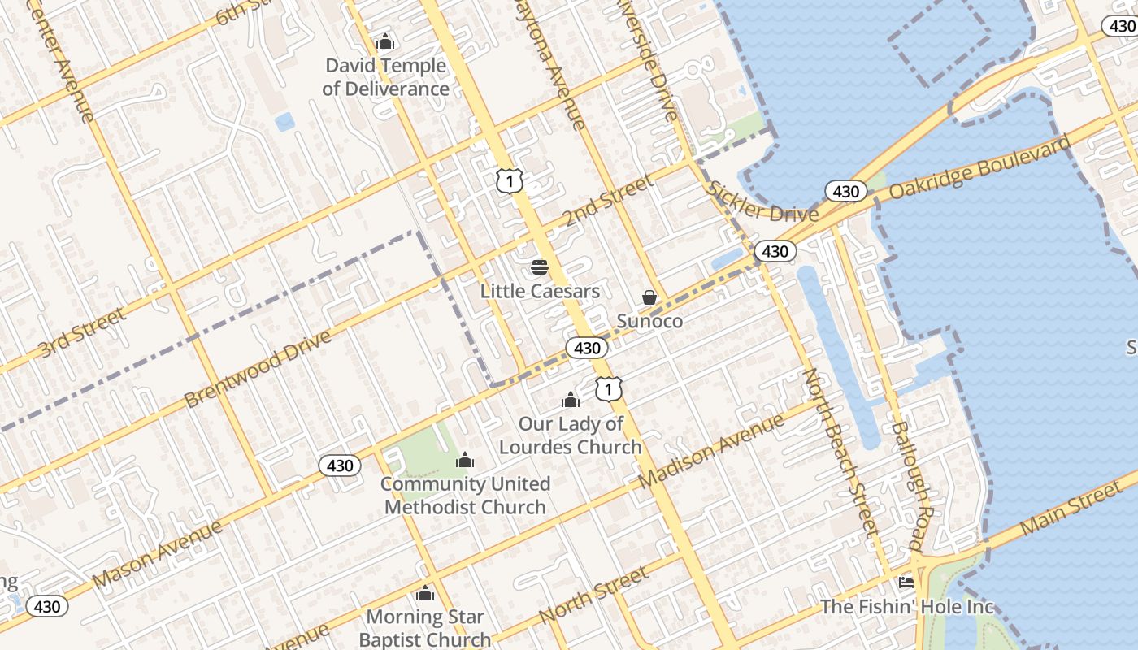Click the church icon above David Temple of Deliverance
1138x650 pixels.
tap(385, 41)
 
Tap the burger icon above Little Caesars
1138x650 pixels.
tap(539, 266)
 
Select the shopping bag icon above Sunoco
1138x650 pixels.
tap(649, 297)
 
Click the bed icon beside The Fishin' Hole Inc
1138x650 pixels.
tap(906, 582)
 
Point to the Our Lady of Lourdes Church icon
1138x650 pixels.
tap(571, 400)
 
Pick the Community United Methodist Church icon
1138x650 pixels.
tap(465, 461)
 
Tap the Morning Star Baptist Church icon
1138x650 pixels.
tap(424, 594)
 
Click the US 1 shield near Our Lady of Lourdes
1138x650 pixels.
tap(608, 389)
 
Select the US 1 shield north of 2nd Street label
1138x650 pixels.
tap(509, 180)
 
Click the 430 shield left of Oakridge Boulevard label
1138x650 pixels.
tap(846, 191)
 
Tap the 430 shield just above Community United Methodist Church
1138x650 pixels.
tap(340, 466)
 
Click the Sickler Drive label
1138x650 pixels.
tap(762, 202)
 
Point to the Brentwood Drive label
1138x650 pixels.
tap(258, 369)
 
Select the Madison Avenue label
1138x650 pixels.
tap(711, 451)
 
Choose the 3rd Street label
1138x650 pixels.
tap(82, 331)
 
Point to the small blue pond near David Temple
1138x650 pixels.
tap(284, 122)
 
